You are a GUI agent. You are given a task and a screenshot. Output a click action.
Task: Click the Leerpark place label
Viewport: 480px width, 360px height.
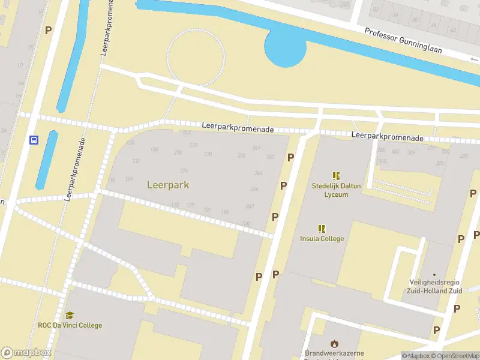pyautogui.click(x=168, y=185)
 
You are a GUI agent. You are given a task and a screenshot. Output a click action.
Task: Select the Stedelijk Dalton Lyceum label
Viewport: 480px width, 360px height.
pyautogui.click(x=336, y=190)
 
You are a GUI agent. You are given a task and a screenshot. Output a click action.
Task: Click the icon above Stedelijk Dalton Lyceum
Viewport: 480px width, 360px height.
pyautogui.click(x=336, y=176)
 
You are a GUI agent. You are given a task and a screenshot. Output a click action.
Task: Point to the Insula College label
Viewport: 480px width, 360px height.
pyautogui.click(x=322, y=239)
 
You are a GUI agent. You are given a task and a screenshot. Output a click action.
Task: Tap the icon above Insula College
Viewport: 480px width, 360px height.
pyautogui.click(x=322, y=229)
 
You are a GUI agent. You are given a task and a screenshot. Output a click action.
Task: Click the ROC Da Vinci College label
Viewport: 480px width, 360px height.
pyautogui.click(x=71, y=325)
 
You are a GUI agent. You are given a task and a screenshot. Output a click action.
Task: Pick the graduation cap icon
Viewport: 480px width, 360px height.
pyautogui.click(x=70, y=316)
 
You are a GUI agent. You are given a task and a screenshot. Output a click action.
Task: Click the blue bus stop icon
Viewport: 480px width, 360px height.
pyautogui.click(x=34, y=140)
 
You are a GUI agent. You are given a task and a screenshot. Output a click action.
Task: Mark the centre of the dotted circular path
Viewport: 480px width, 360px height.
pyautogui.click(x=196, y=57)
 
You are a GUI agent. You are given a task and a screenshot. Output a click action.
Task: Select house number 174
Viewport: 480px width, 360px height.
pyautogui.click(x=184, y=171)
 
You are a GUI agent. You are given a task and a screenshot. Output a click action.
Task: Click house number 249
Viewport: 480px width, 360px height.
pyautogui.click(x=257, y=148)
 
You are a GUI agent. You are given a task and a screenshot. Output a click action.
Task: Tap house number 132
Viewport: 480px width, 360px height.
pyautogui.click(x=136, y=161)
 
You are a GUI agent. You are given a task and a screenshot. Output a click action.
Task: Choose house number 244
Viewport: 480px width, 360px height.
pyautogui.click(x=254, y=189)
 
